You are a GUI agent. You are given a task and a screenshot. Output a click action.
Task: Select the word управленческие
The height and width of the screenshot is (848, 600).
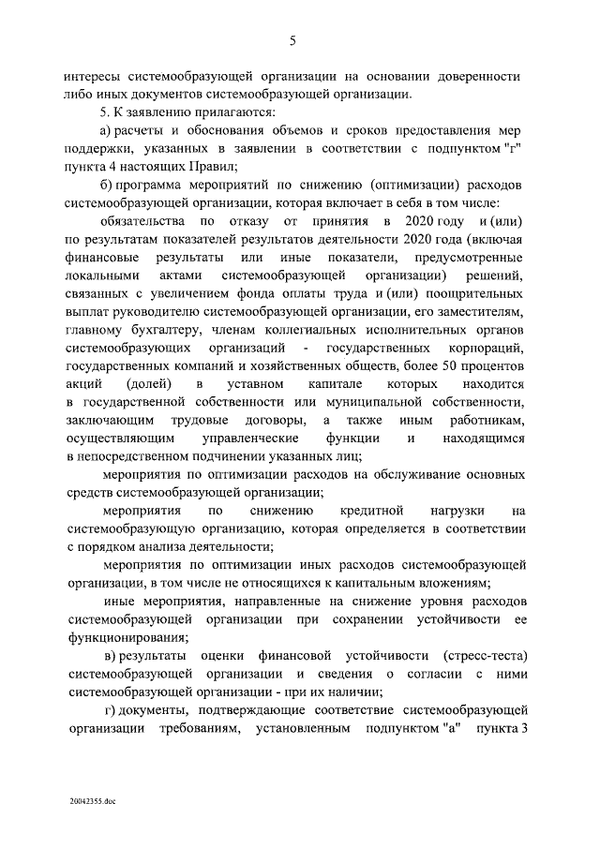(x=250, y=438)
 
